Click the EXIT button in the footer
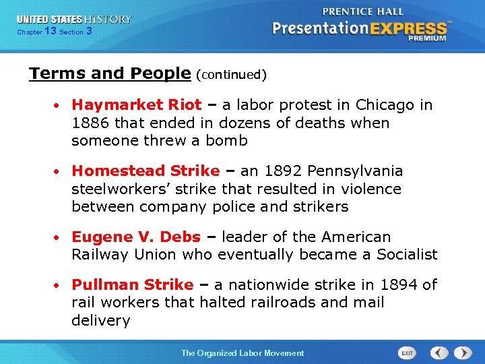407,353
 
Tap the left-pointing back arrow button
439,353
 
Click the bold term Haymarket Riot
136,105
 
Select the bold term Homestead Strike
145,171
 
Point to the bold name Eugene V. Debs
136,237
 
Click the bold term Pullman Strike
132,285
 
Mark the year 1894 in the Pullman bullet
398,285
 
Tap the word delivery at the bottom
101,321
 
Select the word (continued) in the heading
231,75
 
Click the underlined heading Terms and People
110,73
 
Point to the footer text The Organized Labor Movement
243,353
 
